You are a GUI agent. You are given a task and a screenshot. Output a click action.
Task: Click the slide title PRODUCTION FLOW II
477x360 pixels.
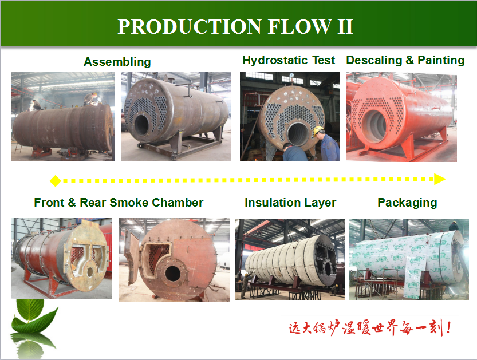[x=235, y=26]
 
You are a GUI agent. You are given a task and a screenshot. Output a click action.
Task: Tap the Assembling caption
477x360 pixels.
[x=117, y=62]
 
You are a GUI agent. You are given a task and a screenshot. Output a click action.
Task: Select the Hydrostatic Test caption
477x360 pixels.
[x=289, y=60]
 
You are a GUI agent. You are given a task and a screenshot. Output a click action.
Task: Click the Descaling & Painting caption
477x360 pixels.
[x=405, y=60]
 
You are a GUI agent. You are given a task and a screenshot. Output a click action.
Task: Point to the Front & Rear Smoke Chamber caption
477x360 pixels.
[x=119, y=203]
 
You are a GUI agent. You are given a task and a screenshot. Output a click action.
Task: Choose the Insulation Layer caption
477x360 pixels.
[x=290, y=203]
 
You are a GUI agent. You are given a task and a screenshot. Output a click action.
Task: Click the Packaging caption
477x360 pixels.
[x=407, y=203]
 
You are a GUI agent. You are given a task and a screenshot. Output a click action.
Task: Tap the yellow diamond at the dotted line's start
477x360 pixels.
[x=56, y=181]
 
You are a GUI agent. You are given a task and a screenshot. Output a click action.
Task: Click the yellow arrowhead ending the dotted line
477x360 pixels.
[x=440, y=179]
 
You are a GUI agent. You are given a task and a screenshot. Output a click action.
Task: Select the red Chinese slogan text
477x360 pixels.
[x=369, y=328]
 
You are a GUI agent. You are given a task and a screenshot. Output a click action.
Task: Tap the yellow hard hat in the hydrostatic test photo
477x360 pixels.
[x=318, y=130]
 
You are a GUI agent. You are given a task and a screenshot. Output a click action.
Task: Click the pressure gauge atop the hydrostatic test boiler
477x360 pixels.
[x=292, y=76]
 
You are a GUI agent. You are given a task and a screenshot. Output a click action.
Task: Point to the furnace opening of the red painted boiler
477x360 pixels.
[x=376, y=125]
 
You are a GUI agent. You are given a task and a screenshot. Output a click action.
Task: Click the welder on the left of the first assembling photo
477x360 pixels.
[x=36, y=105]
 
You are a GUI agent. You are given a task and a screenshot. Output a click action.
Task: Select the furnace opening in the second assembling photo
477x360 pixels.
[x=141, y=124]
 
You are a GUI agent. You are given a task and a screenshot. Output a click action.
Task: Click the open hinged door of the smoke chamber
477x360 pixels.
[x=132, y=259]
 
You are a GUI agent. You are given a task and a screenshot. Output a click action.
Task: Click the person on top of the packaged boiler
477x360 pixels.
[x=454, y=226]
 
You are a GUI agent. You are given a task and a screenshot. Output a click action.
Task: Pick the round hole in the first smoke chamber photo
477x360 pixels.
[x=90, y=271]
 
